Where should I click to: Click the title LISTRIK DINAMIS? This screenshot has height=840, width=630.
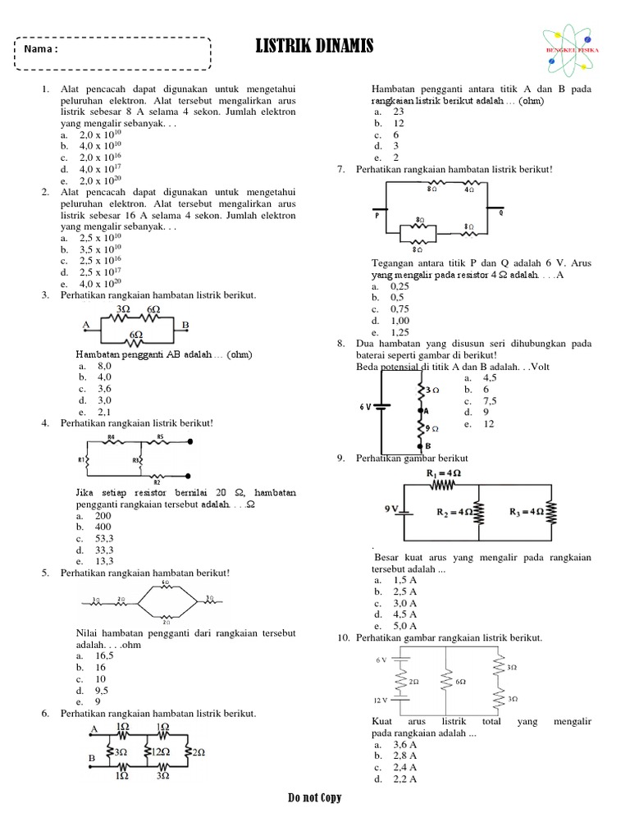point(314,48)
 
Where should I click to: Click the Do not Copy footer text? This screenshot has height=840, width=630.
point(314,798)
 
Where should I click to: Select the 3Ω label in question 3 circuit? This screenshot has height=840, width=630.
point(124,309)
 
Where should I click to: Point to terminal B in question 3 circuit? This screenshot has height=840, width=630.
point(185,326)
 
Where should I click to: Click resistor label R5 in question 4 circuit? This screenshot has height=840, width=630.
point(161,436)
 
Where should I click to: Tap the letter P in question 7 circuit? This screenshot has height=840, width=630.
point(377,217)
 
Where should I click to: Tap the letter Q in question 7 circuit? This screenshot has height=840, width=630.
point(500,212)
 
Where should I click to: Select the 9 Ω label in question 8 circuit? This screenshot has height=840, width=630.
point(431,428)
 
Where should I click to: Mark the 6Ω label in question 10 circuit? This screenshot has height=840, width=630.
point(459,682)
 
